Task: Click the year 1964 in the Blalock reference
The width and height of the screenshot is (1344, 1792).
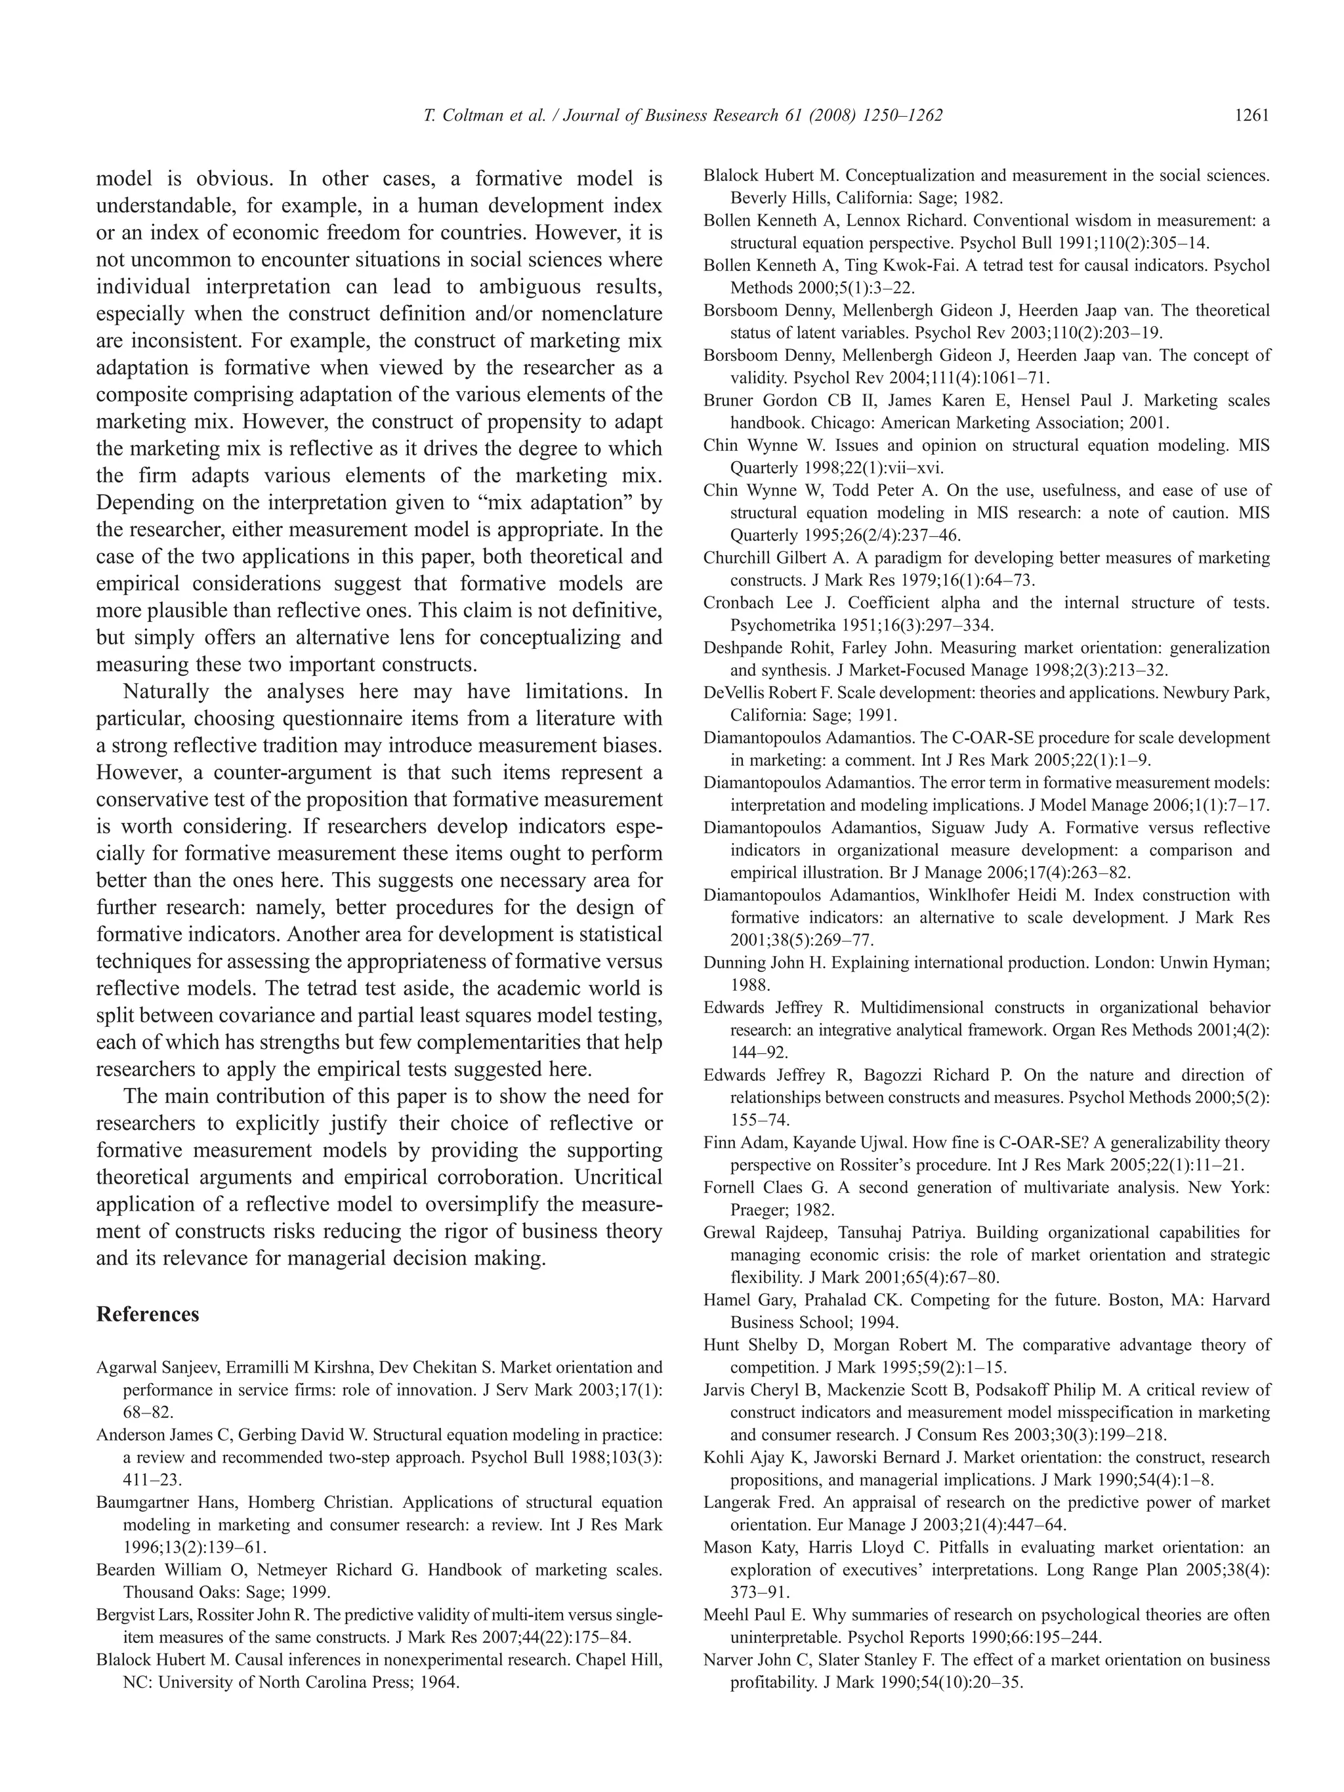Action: [440, 1682]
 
